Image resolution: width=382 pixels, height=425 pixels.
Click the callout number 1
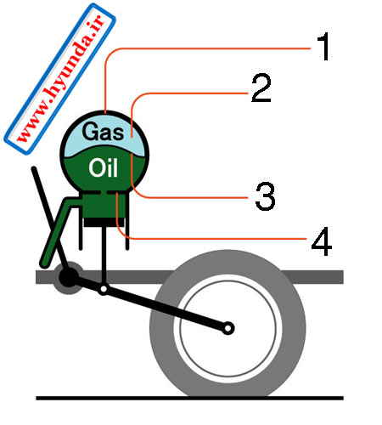(x=323, y=46)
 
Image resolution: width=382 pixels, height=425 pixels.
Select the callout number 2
(x=261, y=88)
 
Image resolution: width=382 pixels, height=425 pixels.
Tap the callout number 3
(x=265, y=196)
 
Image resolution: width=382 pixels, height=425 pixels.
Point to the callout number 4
(x=322, y=241)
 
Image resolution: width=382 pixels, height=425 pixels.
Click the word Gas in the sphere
(x=104, y=131)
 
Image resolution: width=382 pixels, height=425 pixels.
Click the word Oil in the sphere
(x=104, y=167)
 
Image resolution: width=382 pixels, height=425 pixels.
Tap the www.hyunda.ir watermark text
(x=60, y=79)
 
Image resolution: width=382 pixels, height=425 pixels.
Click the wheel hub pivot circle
(x=228, y=329)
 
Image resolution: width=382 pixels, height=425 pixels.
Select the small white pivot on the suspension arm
(x=104, y=289)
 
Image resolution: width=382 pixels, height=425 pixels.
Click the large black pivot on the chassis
(x=68, y=276)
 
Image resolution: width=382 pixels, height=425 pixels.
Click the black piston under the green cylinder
(x=104, y=223)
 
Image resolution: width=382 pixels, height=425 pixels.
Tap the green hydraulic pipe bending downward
(x=57, y=229)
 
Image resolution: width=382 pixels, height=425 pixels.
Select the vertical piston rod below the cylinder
(x=104, y=255)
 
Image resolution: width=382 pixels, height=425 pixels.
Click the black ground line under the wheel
(x=189, y=398)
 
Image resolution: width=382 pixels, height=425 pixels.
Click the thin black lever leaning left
(x=50, y=218)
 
